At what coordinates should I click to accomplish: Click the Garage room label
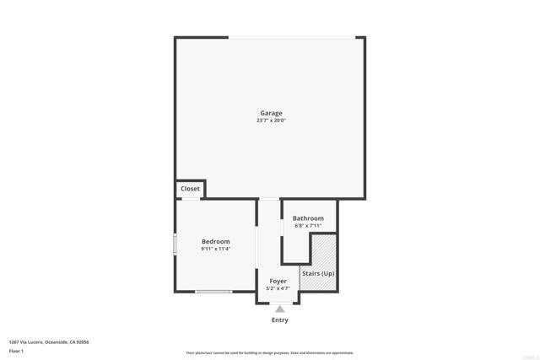pyautogui.click(x=271, y=113)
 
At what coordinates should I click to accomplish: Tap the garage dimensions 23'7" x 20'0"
pyautogui.click(x=271, y=121)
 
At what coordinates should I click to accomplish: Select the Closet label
pyautogui.click(x=190, y=189)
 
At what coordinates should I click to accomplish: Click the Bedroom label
pyautogui.click(x=216, y=241)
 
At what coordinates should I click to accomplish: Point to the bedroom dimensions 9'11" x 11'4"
pyautogui.click(x=216, y=249)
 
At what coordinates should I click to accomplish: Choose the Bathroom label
pyautogui.click(x=308, y=218)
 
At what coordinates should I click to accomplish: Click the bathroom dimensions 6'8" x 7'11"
pyautogui.click(x=308, y=226)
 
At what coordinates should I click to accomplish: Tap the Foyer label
pyautogui.click(x=278, y=281)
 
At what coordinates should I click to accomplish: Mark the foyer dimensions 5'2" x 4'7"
pyautogui.click(x=278, y=288)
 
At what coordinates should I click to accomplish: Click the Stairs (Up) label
pyautogui.click(x=318, y=274)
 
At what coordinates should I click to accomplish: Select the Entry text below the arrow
pyautogui.click(x=279, y=320)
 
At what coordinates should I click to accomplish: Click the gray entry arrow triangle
pyautogui.click(x=279, y=309)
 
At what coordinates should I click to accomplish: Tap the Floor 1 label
pyautogui.click(x=15, y=350)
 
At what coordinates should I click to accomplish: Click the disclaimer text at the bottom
pyautogui.click(x=270, y=353)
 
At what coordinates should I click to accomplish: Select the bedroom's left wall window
pyautogui.click(x=175, y=244)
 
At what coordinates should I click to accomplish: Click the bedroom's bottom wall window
pyautogui.click(x=213, y=292)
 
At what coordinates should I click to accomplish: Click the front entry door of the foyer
pyautogui.click(x=279, y=302)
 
